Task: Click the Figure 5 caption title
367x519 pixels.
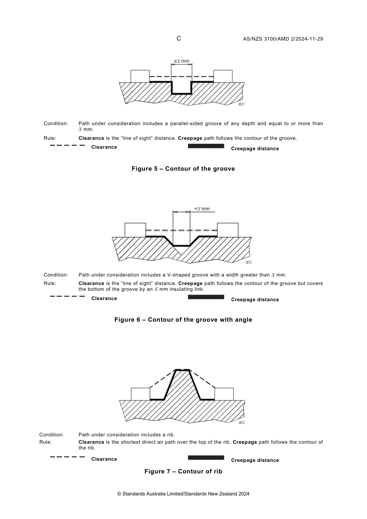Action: (x=183, y=169)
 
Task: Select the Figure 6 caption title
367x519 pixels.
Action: (x=183, y=320)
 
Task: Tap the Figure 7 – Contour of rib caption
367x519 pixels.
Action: (x=183, y=472)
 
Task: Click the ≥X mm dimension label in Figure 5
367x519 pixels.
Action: (x=182, y=61)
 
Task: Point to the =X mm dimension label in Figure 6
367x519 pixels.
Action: (x=202, y=209)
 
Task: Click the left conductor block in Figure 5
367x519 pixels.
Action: (x=140, y=76)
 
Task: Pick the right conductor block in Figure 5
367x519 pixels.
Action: (x=223, y=76)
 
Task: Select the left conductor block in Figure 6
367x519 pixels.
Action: (x=135, y=230)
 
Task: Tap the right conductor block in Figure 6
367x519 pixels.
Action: (x=228, y=230)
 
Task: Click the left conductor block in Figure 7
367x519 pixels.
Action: (x=140, y=394)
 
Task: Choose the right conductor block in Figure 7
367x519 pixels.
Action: (x=224, y=394)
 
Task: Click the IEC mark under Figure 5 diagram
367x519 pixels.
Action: (x=241, y=104)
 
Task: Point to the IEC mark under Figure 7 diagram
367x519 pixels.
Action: (x=242, y=423)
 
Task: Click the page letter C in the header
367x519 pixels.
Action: (x=179, y=39)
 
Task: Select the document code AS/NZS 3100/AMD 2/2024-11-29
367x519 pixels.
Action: (x=283, y=39)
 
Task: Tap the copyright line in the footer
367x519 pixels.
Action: (x=183, y=494)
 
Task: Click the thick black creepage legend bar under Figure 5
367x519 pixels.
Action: (x=206, y=146)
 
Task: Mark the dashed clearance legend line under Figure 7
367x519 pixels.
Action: (x=67, y=457)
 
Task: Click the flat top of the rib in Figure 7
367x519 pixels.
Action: (x=182, y=370)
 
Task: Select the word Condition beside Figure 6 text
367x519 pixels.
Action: (x=56, y=275)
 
